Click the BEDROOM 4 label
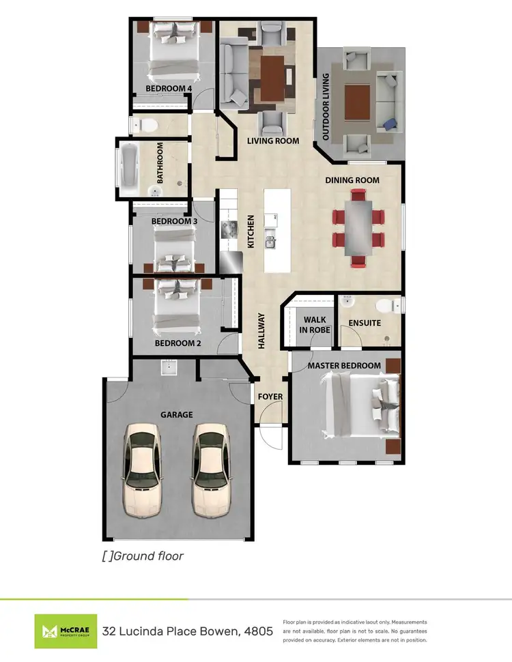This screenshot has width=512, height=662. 169,88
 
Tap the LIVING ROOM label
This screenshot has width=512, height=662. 273,141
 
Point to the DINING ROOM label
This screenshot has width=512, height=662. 352,180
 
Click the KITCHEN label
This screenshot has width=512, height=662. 251,232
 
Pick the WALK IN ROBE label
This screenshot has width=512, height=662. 315,324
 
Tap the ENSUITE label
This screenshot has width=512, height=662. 365,323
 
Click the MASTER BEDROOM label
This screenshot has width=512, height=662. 344,366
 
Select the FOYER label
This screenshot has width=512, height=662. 270,397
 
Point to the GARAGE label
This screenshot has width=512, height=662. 177,414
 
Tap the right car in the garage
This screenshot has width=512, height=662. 211,470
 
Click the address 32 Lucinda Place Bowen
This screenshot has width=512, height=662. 187,631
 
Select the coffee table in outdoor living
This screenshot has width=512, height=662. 358,101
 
